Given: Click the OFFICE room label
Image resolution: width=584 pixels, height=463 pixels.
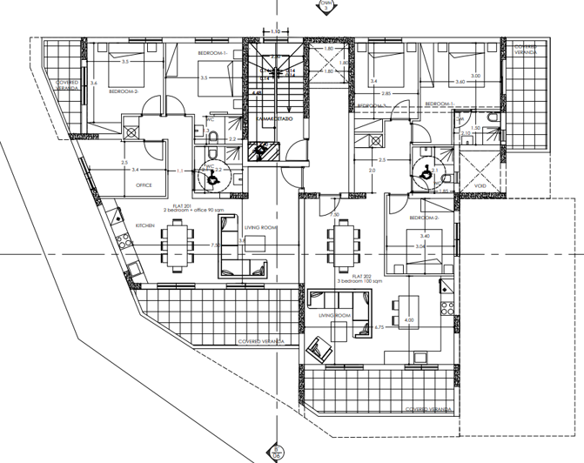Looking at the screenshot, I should point(144,185).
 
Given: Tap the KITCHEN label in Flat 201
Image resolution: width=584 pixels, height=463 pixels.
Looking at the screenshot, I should point(144,225).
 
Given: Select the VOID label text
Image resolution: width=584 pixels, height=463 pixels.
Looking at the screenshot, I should point(480,186).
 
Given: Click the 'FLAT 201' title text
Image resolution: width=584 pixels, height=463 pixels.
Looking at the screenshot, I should point(178,205).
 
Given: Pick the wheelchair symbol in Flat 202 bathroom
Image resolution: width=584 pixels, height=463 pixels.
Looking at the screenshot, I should point(426,171).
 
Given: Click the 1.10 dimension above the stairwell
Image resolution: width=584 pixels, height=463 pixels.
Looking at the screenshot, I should point(275,32).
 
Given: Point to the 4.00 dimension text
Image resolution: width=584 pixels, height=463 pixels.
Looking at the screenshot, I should point(409,321).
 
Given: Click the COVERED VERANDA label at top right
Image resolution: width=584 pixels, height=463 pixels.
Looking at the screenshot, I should point(525,50).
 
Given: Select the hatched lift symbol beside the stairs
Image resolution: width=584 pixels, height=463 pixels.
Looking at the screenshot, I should point(261,151).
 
